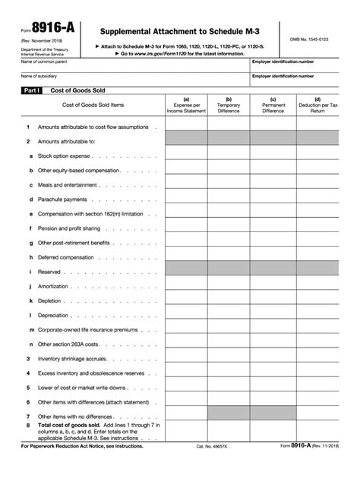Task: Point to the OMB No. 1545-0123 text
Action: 311,38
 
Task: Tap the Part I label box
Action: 33,90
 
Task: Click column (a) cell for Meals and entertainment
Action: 186,185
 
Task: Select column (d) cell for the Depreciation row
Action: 317,315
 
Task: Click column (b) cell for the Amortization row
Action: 228,286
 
